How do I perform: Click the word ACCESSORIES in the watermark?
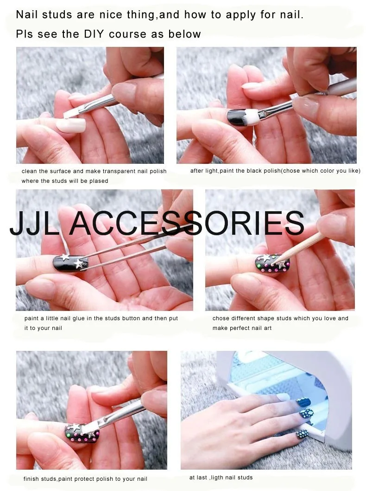point(187,223)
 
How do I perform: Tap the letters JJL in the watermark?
point(34,223)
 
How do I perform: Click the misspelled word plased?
point(99,181)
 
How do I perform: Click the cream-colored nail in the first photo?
point(70,126)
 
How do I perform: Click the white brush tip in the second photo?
point(252,118)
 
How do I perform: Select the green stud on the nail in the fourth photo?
point(259,266)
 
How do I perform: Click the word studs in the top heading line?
point(57,14)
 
